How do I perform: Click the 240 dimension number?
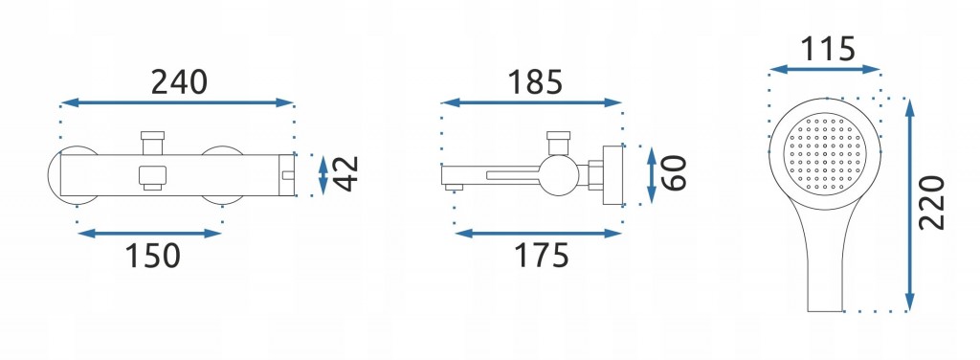178,82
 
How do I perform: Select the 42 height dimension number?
345,173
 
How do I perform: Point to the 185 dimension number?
535,82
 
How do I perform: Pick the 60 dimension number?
674,173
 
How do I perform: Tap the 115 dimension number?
828,49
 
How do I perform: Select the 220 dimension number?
931,203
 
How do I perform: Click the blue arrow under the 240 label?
177,102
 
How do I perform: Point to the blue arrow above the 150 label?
150,234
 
